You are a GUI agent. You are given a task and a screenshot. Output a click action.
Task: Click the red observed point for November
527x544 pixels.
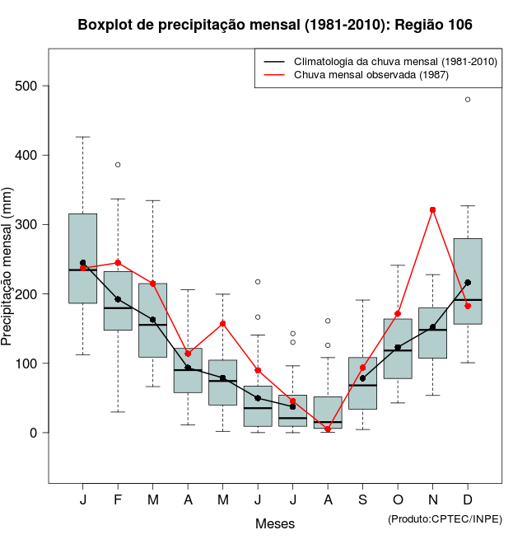[x=433, y=209]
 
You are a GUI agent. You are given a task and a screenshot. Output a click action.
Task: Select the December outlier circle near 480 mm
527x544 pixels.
[x=468, y=99]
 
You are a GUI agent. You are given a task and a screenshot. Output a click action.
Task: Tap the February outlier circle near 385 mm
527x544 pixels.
[x=118, y=165]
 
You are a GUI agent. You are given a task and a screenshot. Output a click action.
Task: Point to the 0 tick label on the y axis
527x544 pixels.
[x=35, y=433]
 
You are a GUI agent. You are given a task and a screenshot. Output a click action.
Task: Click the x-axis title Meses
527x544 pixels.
[x=275, y=523]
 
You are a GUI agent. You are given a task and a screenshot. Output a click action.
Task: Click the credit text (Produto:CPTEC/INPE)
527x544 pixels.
[x=445, y=518]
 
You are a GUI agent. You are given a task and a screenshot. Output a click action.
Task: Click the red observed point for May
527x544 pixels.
[x=223, y=324]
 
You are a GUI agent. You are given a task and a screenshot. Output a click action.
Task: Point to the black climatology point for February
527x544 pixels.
[x=118, y=299]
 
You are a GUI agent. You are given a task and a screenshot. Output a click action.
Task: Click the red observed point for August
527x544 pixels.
[x=328, y=429]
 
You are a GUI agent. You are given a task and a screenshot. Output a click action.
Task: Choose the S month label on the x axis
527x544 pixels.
[x=363, y=500]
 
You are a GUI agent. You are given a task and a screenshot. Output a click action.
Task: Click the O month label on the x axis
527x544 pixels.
[x=398, y=500]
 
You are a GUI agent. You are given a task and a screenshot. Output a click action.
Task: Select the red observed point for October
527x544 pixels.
[x=398, y=314]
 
